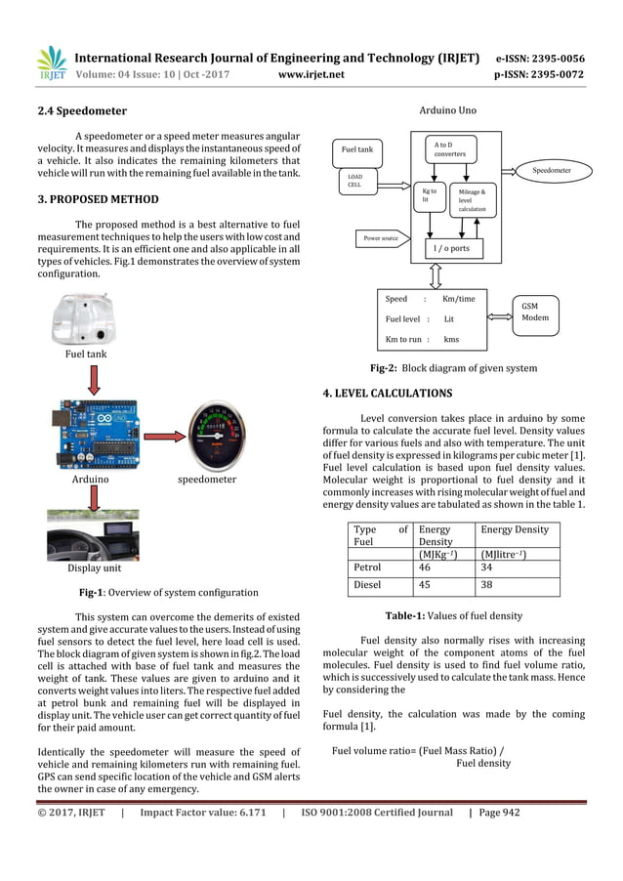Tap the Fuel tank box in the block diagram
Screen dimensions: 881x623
(x=357, y=150)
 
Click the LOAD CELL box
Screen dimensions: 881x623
(x=354, y=181)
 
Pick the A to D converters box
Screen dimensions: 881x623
(x=450, y=149)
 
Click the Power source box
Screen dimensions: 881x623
(x=374, y=236)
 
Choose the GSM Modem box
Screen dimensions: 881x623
(x=535, y=313)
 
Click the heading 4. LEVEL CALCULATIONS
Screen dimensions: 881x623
(x=387, y=394)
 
